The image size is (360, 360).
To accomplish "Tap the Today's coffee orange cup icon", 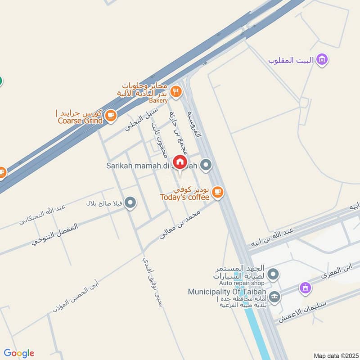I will (x=218, y=192).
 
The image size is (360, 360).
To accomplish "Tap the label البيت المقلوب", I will (x=292, y=60).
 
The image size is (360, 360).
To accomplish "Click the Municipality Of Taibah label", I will (x=227, y=292).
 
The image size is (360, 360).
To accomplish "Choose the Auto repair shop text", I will (x=242, y=283).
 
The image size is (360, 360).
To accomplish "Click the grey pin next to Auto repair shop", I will (x=273, y=274).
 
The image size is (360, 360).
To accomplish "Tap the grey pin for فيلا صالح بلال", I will (x=130, y=203).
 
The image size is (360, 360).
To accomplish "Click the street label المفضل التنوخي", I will (x=55, y=234).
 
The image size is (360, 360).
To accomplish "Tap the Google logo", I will (x=19, y=353).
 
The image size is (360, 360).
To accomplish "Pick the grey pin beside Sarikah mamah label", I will (x=206, y=166).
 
